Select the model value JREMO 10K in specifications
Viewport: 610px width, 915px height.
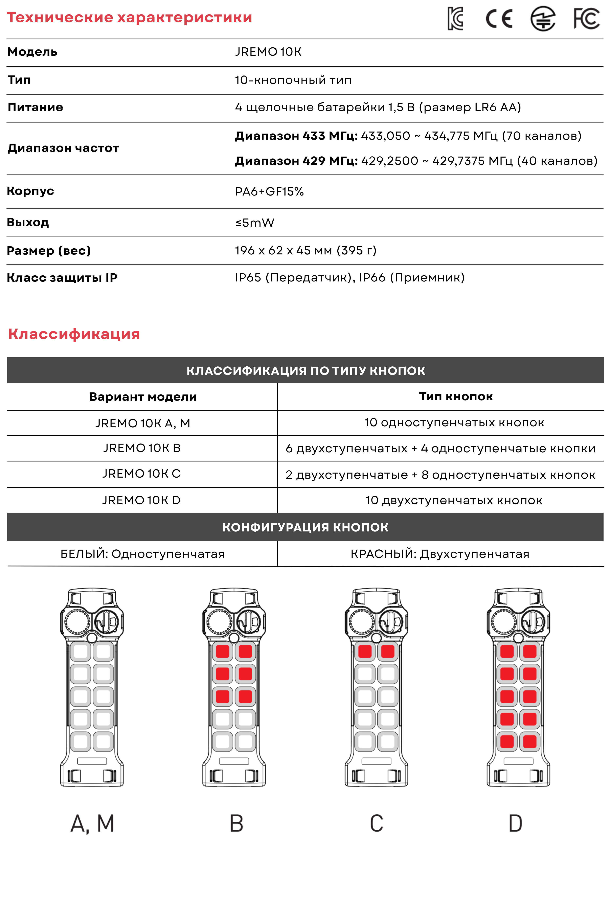click(x=268, y=52)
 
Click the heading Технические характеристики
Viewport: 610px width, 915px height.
click(x=130, y=18)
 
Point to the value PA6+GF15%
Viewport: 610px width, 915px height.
click(x=269, y=191)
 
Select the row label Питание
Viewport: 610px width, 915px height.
click(x=35, y=107)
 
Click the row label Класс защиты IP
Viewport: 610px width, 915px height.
click(x=62, y=278)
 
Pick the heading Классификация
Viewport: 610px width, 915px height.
click(x=74, y=334)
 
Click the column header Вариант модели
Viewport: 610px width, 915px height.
click(x=143, y=397)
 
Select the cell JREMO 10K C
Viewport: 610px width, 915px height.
click(x=142, y=474)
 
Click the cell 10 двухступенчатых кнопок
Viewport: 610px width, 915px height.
click(x=454, y=500)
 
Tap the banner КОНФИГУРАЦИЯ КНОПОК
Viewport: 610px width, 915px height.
click(x=305, y=527)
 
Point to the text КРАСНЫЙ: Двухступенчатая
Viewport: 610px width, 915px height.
click(x=440, y=554)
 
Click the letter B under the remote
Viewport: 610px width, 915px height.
click(x=236, y=824)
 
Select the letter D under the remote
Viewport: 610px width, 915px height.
click(x=516, y=824)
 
